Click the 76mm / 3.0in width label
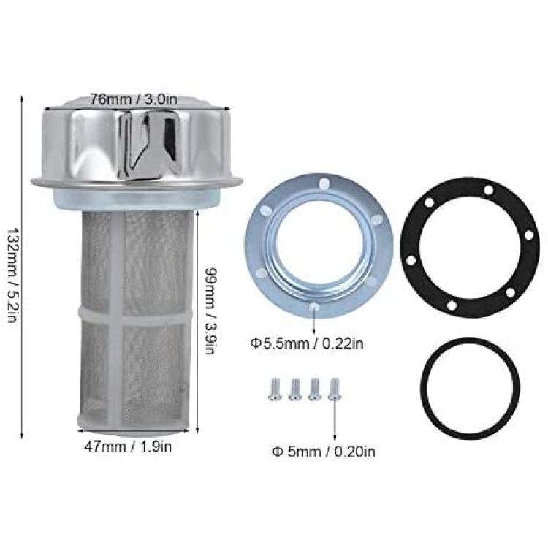tap(134, 99)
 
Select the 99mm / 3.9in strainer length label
tap(211, 311)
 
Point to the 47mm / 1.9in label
tap(128, 446)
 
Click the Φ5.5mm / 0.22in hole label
tap(307, 343)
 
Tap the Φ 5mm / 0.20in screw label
tap(324, 452)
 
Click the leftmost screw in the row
tap(274, 389)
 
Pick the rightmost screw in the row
tap(335, 389)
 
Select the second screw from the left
tap(294, 389)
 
